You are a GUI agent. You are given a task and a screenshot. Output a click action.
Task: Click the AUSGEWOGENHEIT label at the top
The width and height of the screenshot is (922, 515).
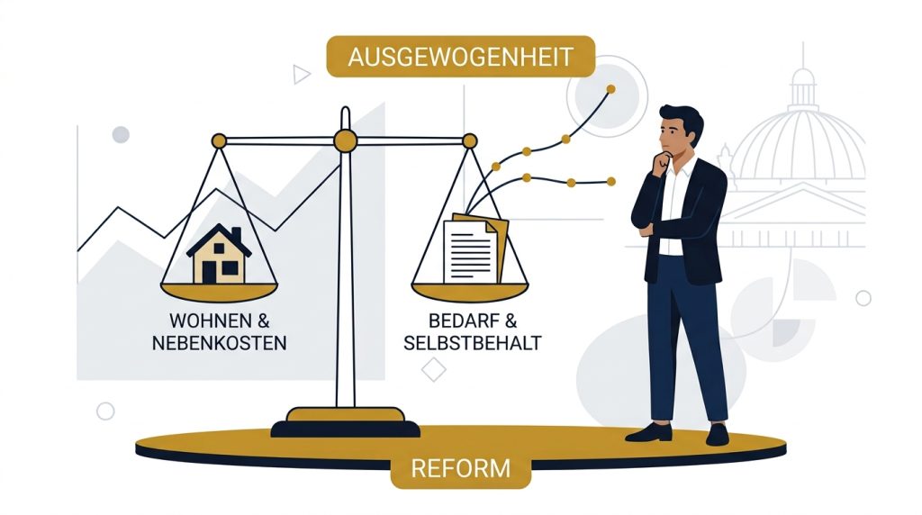460,57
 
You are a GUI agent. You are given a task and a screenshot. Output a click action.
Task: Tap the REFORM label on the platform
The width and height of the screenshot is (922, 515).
460,468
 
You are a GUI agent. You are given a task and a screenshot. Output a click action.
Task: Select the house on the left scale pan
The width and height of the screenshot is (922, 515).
219,254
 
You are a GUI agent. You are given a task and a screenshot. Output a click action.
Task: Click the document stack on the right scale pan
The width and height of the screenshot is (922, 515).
475,249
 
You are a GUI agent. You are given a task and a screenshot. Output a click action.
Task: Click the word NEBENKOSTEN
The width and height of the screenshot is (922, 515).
220,343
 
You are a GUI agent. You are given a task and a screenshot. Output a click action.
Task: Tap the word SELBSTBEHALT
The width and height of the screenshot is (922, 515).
472,343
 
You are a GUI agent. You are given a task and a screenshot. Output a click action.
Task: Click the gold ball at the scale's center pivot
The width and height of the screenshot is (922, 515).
345,141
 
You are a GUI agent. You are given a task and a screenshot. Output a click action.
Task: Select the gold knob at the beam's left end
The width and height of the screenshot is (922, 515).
219,141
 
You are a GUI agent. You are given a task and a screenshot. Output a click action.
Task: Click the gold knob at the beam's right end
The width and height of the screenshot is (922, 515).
470,141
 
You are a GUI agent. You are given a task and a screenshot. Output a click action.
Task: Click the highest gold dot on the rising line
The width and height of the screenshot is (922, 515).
611,89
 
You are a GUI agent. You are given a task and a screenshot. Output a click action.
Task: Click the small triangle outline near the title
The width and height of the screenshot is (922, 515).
301,74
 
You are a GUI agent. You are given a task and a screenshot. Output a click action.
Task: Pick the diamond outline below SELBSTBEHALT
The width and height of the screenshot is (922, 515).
433,370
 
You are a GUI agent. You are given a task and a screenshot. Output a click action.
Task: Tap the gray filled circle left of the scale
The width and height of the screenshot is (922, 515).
121,135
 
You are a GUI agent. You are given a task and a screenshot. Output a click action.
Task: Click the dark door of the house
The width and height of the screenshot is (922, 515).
209,272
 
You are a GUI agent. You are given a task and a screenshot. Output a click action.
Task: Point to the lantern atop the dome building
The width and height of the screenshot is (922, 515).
802,86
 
